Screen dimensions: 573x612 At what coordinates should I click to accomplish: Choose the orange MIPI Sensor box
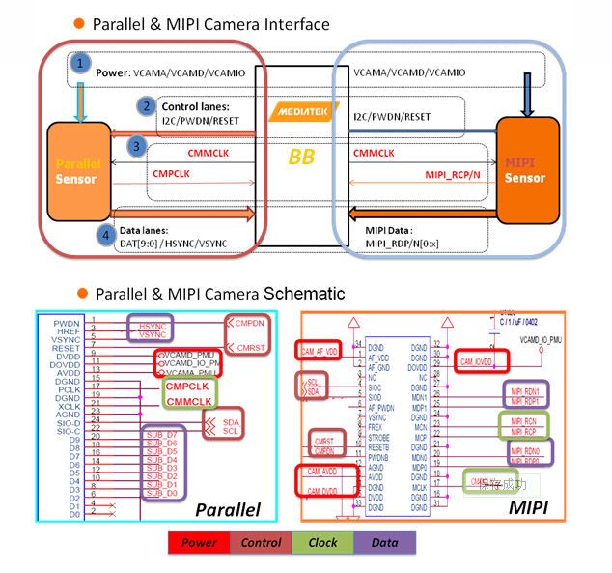pyautogui.click(x=527, y=170)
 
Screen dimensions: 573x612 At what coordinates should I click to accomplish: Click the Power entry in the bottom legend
pyautogui.click(x=200, y=543)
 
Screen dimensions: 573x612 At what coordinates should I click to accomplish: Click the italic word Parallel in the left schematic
pyautogui.click(x=228, y=508)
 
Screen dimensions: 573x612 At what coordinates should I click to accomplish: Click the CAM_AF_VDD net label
pyautogui.click(x=320, y=351)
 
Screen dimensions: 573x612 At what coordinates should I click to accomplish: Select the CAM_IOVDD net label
pyautogui.click(x=476, y=360)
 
